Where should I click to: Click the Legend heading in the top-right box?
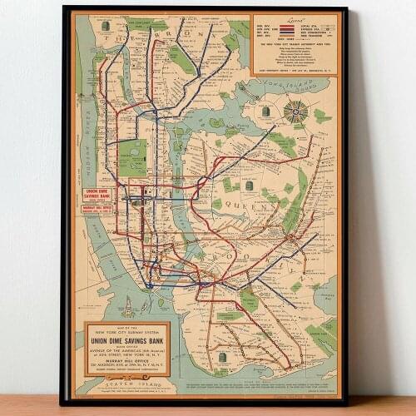[296, 19]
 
